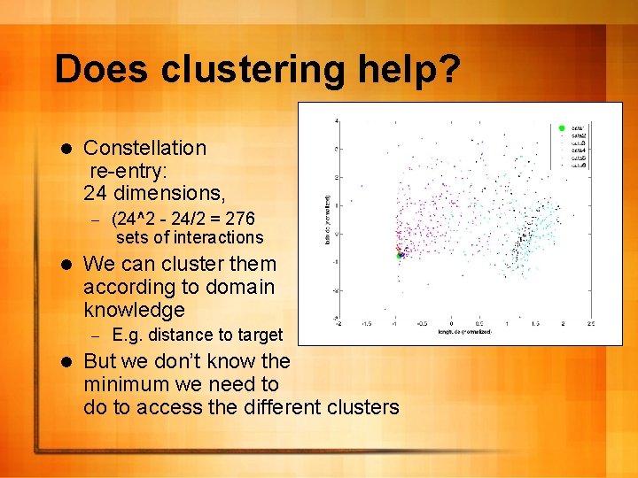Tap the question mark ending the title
click(447, 69)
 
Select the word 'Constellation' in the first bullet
click(144, 148)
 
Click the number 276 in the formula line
click(240, 219)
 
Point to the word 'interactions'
click(218, 237)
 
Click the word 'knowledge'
click(134, 310)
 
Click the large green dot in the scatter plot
click(400, 255)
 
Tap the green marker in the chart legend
click(561, 128)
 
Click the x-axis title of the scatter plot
click(463, 333)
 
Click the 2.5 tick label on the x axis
click(590, 324)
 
